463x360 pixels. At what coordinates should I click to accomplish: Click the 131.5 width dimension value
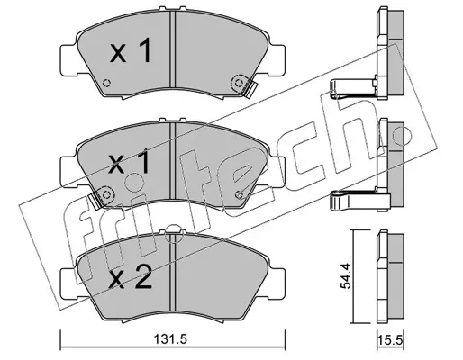(170, 339)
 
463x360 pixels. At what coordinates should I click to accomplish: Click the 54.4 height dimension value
(345, 275)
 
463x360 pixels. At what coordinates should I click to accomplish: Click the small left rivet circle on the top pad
(106, 83)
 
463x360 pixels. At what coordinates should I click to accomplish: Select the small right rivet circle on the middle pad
(239, 194)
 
